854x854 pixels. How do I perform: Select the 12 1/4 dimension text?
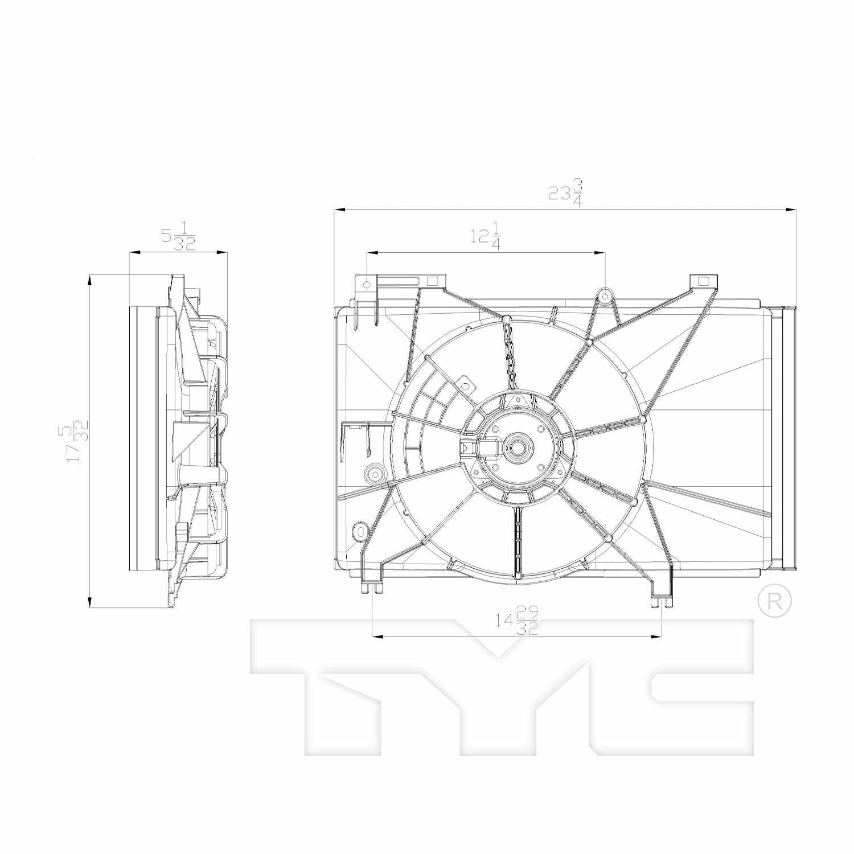click(485, 236)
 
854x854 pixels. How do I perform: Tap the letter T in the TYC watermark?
click(342, 683)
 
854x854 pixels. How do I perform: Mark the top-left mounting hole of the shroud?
click(367, 283)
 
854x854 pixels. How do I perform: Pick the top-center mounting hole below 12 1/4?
click(605, 295)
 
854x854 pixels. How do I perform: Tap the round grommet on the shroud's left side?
click(375, 473)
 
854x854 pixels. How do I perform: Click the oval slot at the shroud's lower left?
click(360, 532)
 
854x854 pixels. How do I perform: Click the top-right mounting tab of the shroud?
click(703, 281)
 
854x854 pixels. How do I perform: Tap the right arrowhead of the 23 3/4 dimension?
click(791, 210)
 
